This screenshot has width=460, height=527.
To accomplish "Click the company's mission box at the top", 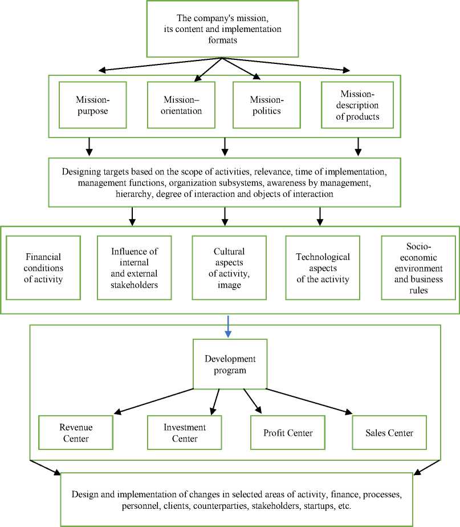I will tap(221, 29).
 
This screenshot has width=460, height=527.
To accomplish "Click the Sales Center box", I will tap(389, 433).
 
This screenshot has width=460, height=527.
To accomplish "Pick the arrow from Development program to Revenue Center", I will tap(154, 401).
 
